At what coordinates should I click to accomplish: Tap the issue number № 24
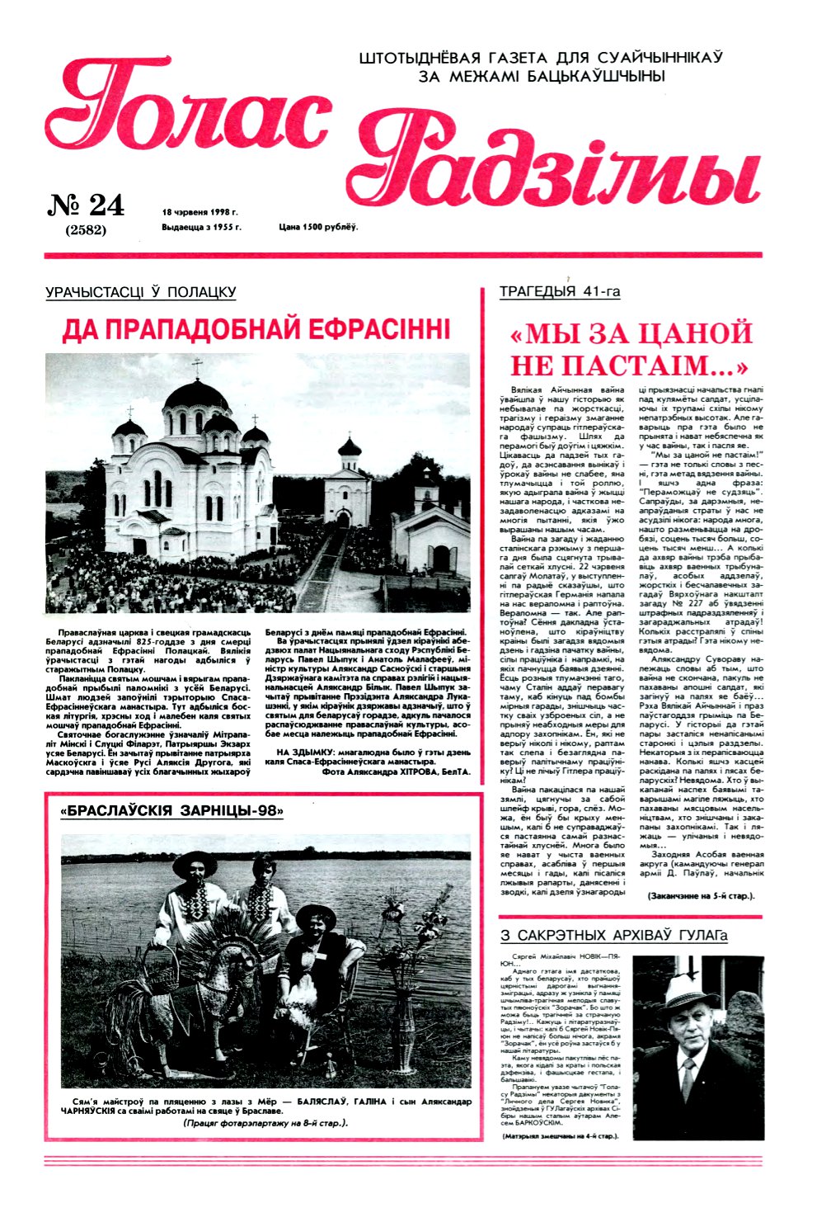(86, 205)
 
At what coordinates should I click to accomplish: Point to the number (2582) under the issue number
(86, 230)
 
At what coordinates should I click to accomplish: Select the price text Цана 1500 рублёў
(318, 226)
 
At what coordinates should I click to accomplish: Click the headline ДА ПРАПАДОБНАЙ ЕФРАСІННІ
(256, 329)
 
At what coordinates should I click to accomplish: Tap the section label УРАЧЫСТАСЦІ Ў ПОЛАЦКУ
(141, 292)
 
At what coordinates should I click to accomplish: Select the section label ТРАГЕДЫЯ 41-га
(560, 291)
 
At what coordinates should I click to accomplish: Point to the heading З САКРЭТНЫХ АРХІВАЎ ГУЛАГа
(614, 936)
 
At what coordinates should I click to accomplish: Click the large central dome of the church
(196, 396)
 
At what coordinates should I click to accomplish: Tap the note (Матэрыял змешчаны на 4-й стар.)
(560, 1136)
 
